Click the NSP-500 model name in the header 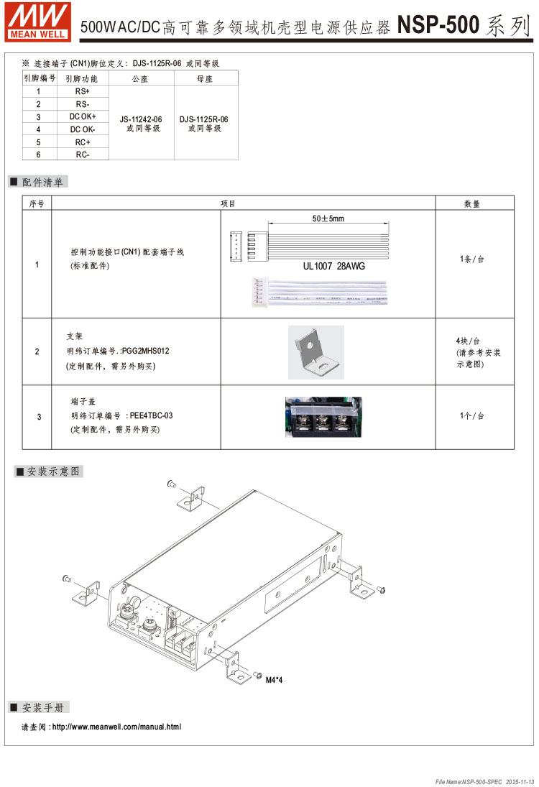pos(438,26)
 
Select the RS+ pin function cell pos(82,91)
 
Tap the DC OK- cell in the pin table pos(82,129)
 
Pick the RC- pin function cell pos(82,154)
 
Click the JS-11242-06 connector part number pos(141,119)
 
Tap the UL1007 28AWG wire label pos(333,265)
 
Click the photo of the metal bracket pos(315,352)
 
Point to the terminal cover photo pos(323,417)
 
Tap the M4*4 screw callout pos(274,680)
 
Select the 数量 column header pos(472,204)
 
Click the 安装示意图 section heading pos(54,471)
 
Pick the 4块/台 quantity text pos(468,341)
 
